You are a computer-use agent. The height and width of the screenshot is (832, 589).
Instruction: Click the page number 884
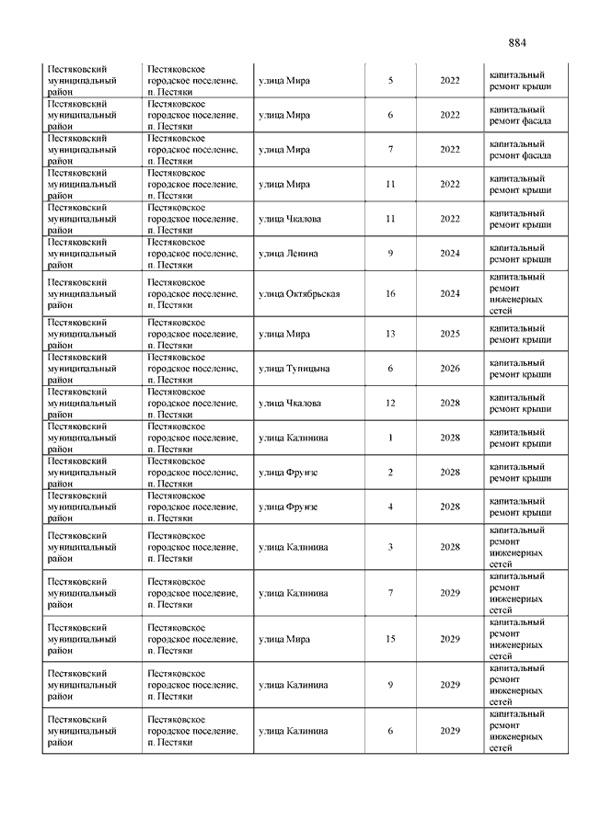click(x=516, y=43)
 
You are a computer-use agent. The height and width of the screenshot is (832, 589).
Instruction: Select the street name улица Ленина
click(x=288, y=254)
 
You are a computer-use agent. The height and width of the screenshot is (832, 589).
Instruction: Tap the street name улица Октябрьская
click(x=299, y=294)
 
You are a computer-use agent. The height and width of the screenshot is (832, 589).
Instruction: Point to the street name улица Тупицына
click(x=294, y=369)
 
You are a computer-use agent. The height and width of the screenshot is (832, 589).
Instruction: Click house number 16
click(x=390, y=294)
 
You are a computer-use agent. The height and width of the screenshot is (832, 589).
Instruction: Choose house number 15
click(x=390, y=638)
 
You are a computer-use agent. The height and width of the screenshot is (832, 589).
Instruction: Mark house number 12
click(x=390, y=403)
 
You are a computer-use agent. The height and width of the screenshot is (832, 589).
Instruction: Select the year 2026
click(x=449, y=369)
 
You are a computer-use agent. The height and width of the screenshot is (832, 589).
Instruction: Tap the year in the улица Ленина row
click(x=449, y=254)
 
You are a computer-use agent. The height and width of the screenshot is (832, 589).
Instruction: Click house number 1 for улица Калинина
click(x=390, y=438)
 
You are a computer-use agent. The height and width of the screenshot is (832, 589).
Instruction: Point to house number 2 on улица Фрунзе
click(x=390, y=473)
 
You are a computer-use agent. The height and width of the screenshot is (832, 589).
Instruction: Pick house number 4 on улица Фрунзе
click(x=390, y=507)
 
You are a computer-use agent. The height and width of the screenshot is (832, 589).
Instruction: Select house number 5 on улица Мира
click(x=390, y=81)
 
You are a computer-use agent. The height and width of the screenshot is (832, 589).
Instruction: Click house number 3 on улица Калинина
click(x=390, y=547)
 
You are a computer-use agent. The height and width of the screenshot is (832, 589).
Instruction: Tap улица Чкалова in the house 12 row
click(x=290, y=403)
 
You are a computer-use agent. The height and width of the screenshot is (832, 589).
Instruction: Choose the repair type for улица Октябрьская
click(x=520, y=294)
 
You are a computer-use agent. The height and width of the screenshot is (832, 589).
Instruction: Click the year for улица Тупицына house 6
click(x=449, y=369)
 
